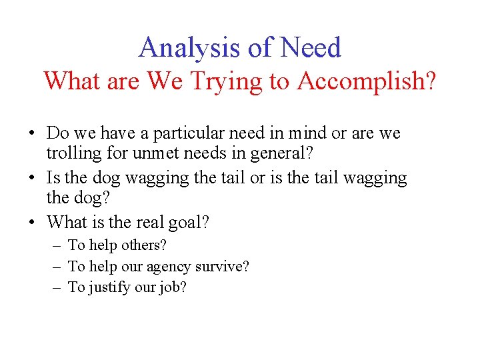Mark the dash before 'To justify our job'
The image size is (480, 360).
(57, 288)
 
